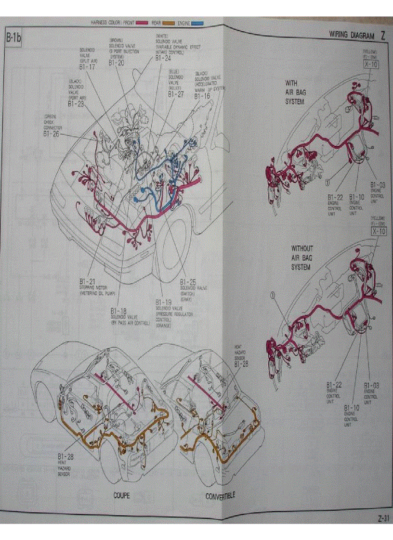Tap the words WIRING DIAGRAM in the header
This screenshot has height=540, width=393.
tap(351, 35)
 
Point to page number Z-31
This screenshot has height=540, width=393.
tap(383, 518)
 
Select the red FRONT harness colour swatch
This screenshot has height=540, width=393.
tap(141, 23)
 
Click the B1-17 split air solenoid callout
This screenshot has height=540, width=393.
tap(87, 68)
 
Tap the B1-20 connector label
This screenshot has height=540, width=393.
tap(116, 63)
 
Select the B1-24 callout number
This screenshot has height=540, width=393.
tap(163, 58)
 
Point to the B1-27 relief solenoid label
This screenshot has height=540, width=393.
tap(176, 94)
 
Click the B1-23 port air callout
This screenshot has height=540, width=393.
tap(76, 103)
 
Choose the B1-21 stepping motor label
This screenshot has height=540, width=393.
tap(87, 280)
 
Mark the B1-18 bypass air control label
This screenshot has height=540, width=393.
tap(118, 311)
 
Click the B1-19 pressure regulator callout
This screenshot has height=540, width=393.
tap(163, 302)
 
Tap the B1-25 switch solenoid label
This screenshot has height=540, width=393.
tap(188, 281)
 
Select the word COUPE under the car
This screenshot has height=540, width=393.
tap(121, 495)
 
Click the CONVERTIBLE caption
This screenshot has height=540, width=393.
tap(220, 496)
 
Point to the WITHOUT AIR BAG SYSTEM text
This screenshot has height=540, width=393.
tap(301, 258)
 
